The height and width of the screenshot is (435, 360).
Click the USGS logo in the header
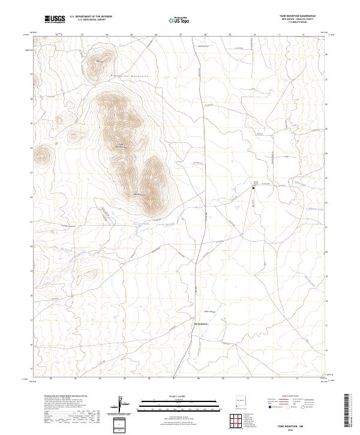click(55, 19)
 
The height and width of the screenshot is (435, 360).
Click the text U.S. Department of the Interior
click(91, 16)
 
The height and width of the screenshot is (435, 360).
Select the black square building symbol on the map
click(253, 188)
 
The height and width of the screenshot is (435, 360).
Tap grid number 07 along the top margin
click(181, 35)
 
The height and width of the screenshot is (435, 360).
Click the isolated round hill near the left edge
click(42, 156)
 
